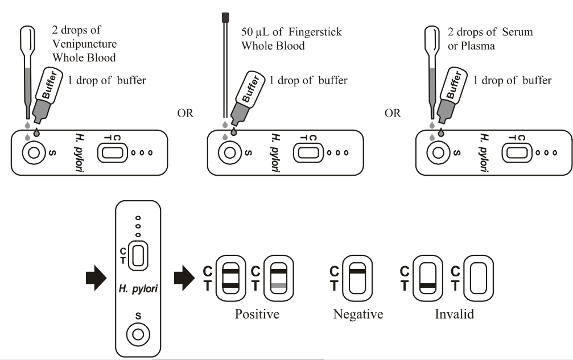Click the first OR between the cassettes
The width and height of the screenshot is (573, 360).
coord(185,113)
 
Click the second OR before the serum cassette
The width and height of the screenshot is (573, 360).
coord(392,113)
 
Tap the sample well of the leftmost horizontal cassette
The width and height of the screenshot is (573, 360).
coord(32,153)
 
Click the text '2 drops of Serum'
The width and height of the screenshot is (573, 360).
coord(500,32)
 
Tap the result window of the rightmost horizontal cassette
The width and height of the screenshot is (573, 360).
coord(517,153)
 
